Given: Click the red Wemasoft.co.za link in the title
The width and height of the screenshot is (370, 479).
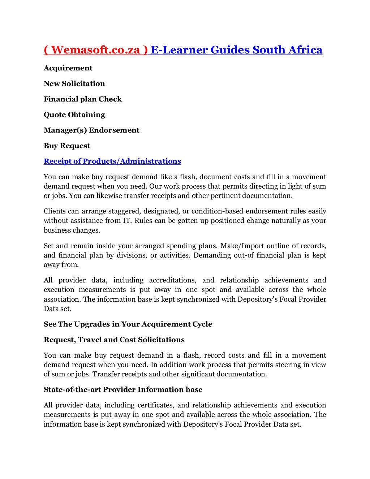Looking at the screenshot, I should pyautogui.click(x=96, y=50).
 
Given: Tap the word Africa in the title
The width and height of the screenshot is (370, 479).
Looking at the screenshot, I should pyautogui.click(x=305, y=50).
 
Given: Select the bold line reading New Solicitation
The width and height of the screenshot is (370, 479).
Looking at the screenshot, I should pyautogui.click(x=74, y=83).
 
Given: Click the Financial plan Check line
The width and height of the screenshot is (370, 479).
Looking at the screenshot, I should pyautogui.click(x=82, y=99).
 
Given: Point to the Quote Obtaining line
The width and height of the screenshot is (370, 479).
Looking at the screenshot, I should pyautogui.click(x=74, y=115).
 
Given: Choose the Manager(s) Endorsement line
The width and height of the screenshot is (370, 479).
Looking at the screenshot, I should pyautogui.click(x=91, y=130).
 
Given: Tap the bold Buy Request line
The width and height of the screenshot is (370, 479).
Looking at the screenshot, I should pyautogui.click(x=67, y=146).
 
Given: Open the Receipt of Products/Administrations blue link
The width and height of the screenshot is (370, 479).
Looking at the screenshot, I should pyautogui.click(x=112, y=161).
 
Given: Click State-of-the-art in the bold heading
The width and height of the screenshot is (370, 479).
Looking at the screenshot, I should pyautogui.click(x=72, y=389).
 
